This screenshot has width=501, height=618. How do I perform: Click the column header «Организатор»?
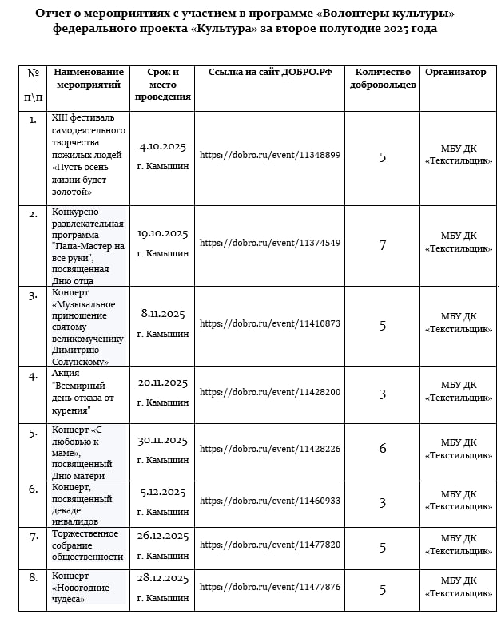point(455,73)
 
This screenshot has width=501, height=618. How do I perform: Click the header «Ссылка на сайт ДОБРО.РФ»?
point(269,73)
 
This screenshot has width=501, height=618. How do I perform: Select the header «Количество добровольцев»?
point(383,78)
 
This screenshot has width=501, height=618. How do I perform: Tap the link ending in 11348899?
point(269,155)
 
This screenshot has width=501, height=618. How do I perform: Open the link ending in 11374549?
point(269,243)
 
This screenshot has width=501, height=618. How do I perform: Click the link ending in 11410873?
point(269,323)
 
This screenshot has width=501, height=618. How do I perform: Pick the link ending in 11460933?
point(269,501)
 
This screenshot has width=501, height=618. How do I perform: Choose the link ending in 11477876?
point(269,587)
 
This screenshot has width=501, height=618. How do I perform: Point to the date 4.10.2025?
point(162,147)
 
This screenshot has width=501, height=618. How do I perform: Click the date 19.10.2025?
point(162,234)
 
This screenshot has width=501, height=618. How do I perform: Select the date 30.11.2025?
point(162,440)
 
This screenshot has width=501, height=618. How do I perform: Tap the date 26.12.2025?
point(162,536)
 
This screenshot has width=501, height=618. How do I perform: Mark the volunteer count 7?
point(383,245)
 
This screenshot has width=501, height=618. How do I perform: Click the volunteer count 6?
point(383,449)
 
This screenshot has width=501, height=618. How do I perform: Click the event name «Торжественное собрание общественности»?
point(87,545)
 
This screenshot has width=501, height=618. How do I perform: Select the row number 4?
point(33,376)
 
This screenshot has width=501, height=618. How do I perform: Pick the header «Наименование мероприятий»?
point(88,78)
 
